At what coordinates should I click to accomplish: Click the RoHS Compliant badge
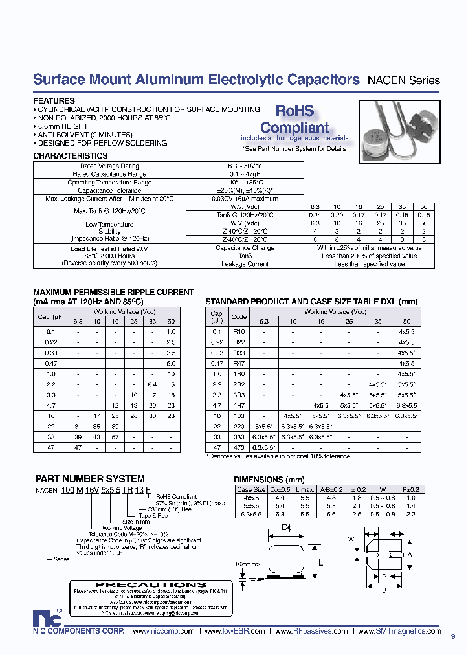(294, 120)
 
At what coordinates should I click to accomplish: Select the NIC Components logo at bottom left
(43, 617)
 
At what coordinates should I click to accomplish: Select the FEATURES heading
(54, 101)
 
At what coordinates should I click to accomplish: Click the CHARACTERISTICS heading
(70, 156)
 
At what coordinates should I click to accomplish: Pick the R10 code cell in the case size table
(239, 331)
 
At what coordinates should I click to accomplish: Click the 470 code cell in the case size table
(239, 447)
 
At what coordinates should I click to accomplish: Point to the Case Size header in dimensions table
(250, 489)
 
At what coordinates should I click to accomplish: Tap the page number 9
(453, 636)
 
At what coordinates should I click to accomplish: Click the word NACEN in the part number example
(47, 490)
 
